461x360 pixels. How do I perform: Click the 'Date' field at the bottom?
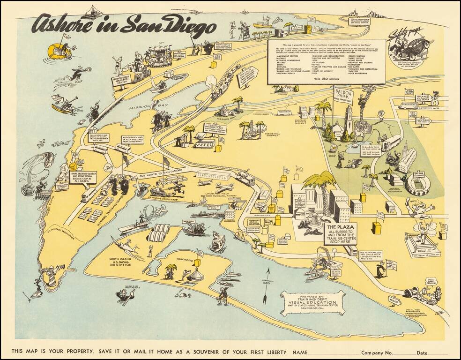tap(422, 352)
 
